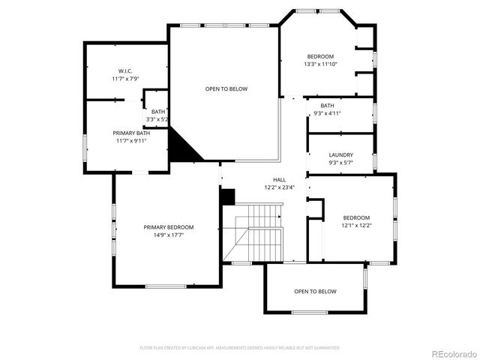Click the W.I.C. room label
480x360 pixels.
(125, 70)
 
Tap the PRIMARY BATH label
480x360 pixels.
(126, 133)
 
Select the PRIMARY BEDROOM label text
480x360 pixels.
(169, 227)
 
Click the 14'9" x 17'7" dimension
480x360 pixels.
(169, 235)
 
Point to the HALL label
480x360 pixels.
(279, 180)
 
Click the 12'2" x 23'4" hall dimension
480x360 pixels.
(279, 187)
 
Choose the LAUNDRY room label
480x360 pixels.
(340, 155)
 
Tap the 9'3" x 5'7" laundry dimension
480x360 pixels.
(340, 163)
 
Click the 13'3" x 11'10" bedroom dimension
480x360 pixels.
(320, 64)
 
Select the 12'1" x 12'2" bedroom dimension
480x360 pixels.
(356, 225)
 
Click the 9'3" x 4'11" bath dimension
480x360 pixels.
(327, 113)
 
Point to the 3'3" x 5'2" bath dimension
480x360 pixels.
(157, 119)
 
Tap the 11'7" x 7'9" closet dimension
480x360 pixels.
(125, 78)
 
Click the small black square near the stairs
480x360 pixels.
(228, 196)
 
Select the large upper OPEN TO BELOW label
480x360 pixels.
(226, 89)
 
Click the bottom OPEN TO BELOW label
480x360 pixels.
(315, 291)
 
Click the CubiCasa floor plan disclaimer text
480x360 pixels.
(240, 348)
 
